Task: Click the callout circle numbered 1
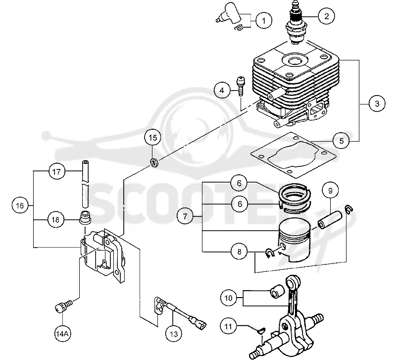[264, 20]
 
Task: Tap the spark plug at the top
[296, 23]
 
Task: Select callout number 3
[377, 103]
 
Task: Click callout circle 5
[341, 141]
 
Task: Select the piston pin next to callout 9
[330, 219]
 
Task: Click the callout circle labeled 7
[185, 216]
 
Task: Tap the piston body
[296, 240]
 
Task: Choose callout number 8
[239, 252]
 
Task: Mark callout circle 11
[228, 326]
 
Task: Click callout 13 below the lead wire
[174, 334]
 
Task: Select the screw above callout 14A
[63, 306]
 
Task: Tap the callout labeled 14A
[62, 334]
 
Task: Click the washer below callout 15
[153, 162]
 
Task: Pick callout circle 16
[20, 206]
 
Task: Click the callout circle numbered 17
[56, 172]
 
